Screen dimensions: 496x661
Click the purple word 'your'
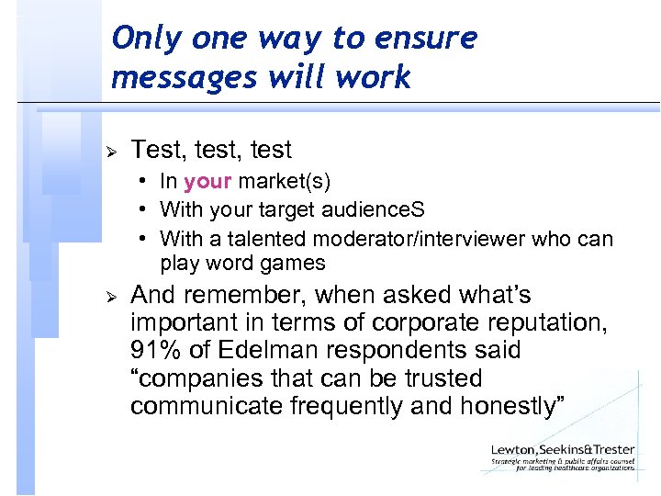(207, 182)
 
